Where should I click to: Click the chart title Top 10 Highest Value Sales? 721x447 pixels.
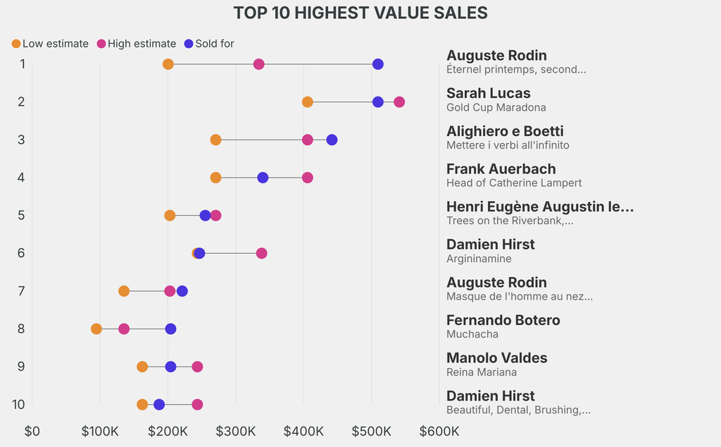click(360, 13)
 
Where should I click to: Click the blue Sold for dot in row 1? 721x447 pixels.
click(377, 64)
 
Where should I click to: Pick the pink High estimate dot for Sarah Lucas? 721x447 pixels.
click(399, 102)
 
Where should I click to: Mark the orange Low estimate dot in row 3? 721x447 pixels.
click(215, 140)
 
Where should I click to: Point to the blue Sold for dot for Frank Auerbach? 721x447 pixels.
click(263, 178)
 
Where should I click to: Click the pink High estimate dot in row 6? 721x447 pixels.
click(261, 253)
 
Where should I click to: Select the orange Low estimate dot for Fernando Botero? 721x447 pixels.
click(96, 329)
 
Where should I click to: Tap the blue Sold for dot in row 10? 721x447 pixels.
click(159, 405)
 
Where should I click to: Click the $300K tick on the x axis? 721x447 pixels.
click(236, 431)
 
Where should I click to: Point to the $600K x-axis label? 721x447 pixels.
click(439, 431)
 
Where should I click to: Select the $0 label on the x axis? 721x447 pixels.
click(32, 431)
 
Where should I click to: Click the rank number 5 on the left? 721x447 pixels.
click(21, 215)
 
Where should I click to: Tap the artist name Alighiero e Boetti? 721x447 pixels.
click(505, 131)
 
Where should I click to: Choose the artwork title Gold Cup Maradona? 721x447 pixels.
click(496, 107)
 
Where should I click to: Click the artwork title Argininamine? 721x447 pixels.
click(479, 259)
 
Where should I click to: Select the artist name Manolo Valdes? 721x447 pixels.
click(496, 357)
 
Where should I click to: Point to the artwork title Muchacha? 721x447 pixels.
click(472, 334)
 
